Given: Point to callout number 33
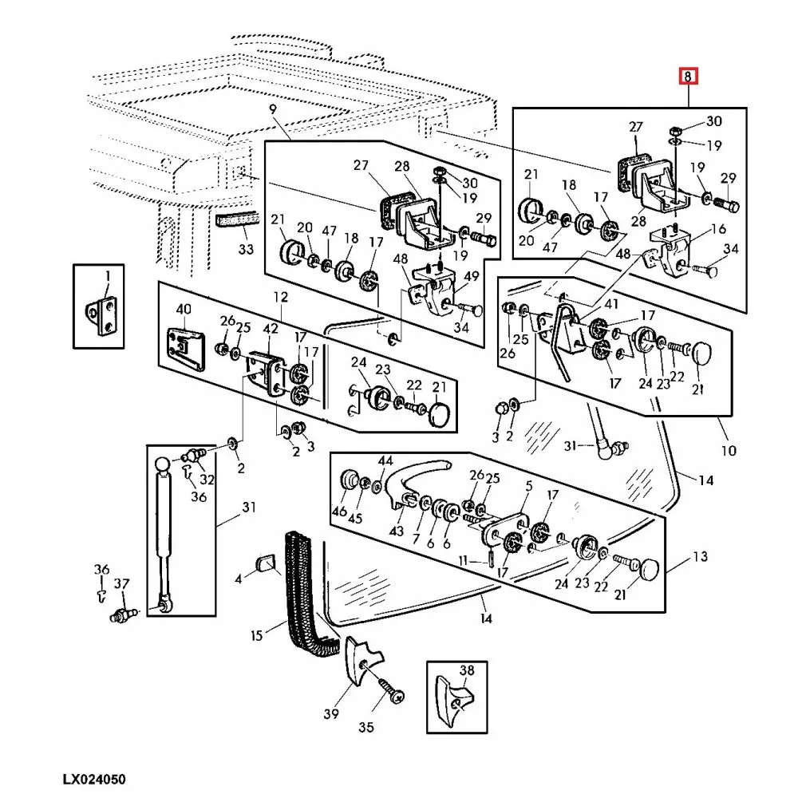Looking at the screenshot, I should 247,250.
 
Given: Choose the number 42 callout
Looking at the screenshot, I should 271,329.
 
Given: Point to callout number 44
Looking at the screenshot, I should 385,461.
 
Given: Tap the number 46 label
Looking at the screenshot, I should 340,512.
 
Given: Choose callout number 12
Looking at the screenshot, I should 280,297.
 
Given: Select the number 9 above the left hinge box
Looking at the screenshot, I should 271,109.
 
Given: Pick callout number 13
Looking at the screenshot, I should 700,556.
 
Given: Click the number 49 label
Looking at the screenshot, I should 471,276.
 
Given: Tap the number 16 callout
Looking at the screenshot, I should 718,229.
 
